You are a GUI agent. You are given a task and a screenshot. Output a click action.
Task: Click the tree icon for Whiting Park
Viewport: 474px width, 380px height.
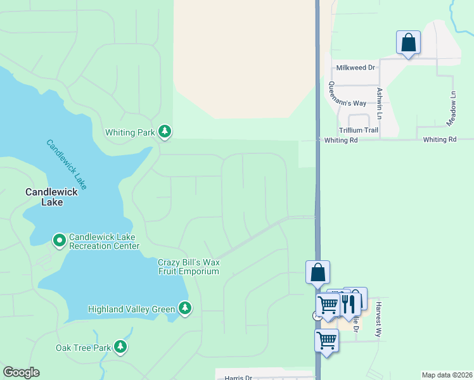165,132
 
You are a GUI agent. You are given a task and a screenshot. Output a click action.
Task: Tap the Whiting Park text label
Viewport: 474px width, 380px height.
129,133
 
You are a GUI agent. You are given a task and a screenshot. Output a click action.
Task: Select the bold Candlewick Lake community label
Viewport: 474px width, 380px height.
52,197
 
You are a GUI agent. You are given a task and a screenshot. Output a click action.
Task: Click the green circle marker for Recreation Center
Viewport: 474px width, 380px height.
59,240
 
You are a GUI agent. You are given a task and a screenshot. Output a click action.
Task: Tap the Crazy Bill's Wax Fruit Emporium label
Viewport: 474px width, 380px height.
188,267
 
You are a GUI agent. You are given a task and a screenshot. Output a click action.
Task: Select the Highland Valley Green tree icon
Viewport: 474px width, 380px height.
185,308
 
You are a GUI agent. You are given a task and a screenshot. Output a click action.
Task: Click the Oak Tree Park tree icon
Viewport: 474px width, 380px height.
120,347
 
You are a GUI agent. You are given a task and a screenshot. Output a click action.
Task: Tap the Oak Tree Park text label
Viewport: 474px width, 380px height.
82,348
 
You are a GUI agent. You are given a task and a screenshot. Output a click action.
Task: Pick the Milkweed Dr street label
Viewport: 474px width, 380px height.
355,67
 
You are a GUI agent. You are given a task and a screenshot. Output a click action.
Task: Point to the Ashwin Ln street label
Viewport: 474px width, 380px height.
380,103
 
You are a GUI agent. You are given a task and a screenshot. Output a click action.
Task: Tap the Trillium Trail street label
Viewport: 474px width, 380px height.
358,130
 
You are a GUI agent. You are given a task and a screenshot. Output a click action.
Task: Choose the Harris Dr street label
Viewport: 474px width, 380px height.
238,378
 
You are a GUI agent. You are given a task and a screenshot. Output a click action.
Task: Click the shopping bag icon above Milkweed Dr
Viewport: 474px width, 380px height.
409,43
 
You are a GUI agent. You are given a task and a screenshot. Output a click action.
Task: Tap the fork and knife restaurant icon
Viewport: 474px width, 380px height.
348,305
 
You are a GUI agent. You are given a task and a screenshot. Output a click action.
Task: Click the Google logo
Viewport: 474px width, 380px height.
21,372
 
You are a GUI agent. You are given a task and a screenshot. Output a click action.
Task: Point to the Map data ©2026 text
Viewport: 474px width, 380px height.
446,375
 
